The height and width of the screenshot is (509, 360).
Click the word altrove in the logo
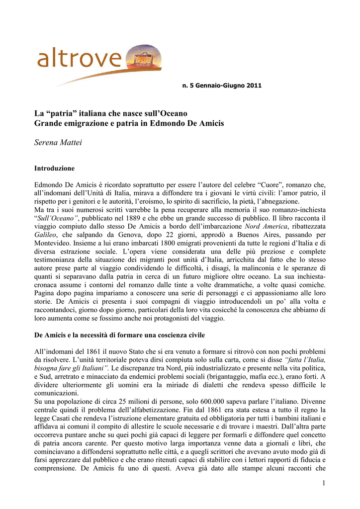(80, 60)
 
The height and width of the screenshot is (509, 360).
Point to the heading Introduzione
(54, 168)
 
